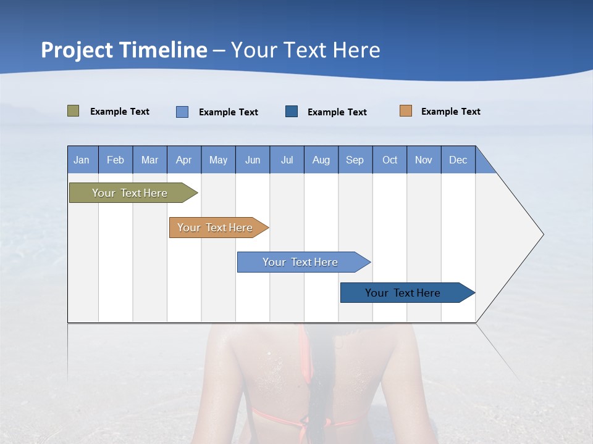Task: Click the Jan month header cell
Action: click(82, 160)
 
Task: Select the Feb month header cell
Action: click(116, 160)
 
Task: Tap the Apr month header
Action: click(183, 160)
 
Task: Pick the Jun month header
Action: click(253, 160)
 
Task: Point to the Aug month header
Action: click(321, 160)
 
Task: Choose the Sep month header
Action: click(355, 160)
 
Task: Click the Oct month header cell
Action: click(390, 160)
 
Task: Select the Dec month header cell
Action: click(458, 160)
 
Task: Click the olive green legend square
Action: click(73, 111)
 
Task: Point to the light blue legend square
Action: click(182, 112)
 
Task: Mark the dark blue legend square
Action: click(292, 111)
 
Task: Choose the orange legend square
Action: click(406, 111)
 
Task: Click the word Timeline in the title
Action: click(162, 50)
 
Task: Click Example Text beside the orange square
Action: click(450, 112)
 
